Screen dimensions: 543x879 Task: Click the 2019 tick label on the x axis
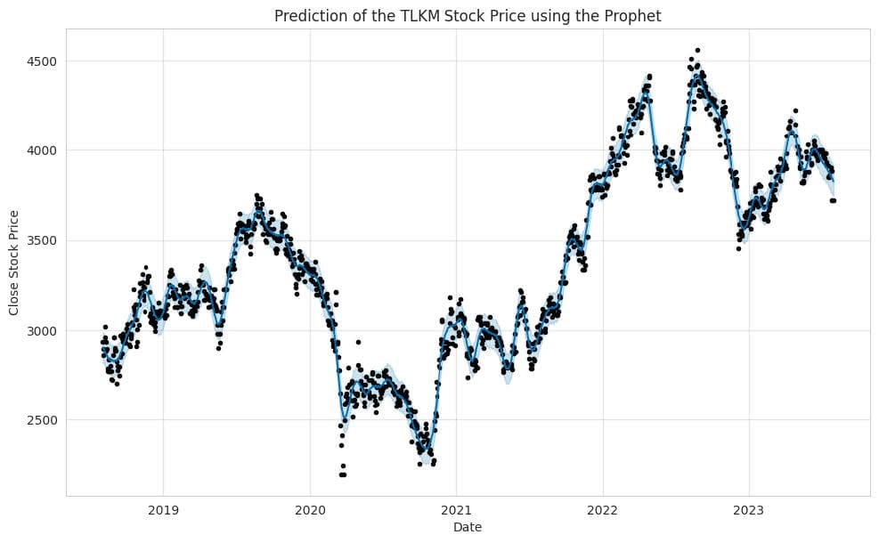[x=163, y=511]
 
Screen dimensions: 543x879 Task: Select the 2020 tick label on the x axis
[x=310, y=511]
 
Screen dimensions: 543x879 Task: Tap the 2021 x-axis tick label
[x=456, y=511]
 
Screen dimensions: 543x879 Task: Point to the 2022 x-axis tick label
[x=603, y=511]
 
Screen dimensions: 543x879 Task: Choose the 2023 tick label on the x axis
[x=749, y=511]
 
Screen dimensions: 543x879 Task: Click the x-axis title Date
[x=468, y=528]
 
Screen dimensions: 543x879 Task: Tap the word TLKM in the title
[x=427, y=15]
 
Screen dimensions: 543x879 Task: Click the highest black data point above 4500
[x=697, y=51]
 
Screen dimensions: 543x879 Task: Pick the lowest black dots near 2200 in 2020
[x=343, y=474]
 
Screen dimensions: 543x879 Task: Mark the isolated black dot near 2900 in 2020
[x=358, y=342]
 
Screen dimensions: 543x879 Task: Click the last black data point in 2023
[x=834, y=200]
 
